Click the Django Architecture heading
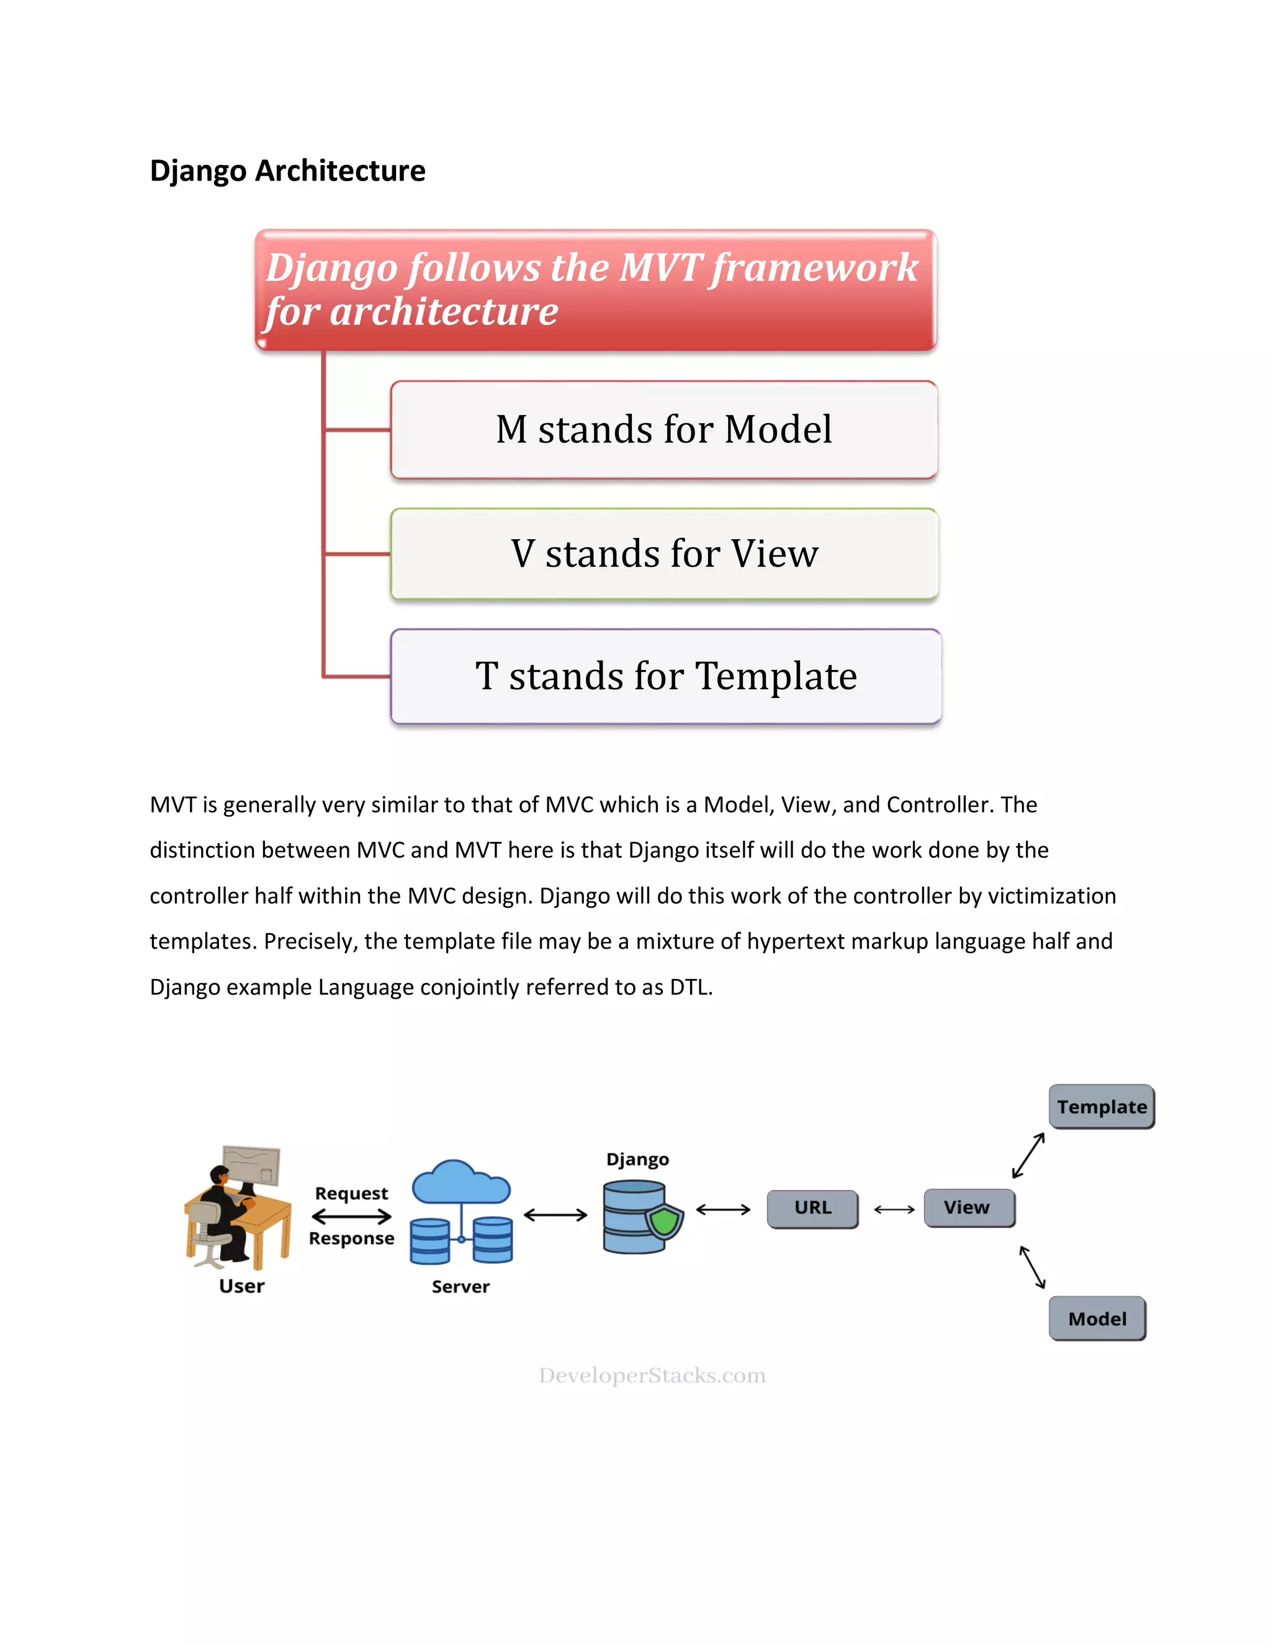287,171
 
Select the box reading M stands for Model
663,430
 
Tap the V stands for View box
663,554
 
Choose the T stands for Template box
666,676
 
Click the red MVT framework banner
595,290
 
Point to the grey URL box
812,1208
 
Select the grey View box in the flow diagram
968,1207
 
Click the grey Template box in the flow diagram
1101,1107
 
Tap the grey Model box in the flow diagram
1097,1319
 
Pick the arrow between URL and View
894,1210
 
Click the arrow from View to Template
1028,1156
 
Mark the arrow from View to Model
1032,1267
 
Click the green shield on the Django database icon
665,1221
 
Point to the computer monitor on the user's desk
251,1166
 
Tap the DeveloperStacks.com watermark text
652,1375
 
